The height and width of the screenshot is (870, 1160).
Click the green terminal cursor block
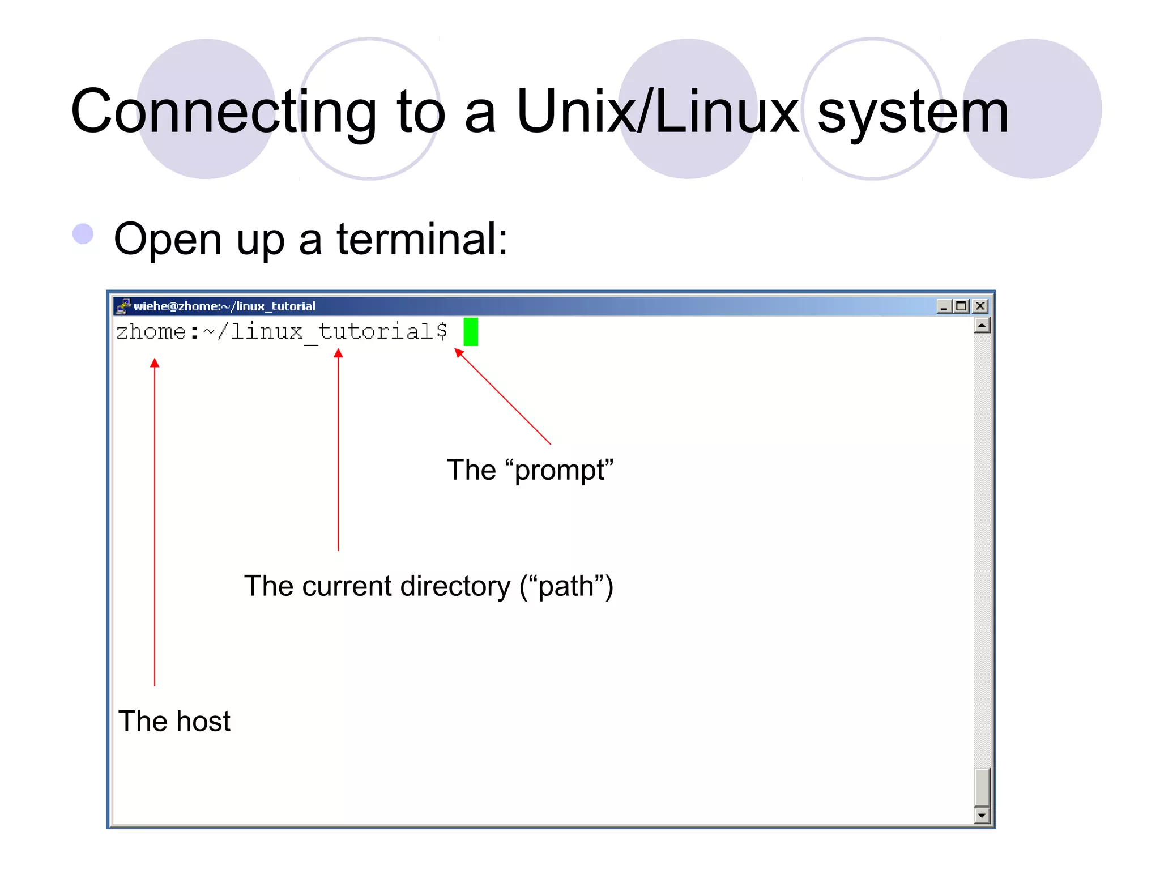coord(470,331)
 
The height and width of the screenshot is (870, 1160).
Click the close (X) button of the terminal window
coord(980,306)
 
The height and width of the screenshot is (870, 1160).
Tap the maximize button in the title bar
coord(961,306)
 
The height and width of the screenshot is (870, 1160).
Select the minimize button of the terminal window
coord(944,306)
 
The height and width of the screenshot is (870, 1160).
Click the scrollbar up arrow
coord(982,326)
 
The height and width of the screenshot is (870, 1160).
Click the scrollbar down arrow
coord(982,816)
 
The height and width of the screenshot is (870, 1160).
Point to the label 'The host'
coord(174,721)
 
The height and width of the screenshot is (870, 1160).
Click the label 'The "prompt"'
coord(530,470)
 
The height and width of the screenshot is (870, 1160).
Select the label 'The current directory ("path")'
coord(428,586)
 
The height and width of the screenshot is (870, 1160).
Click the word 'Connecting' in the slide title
coord(224,112)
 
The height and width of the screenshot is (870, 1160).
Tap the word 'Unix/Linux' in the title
coord(657,112)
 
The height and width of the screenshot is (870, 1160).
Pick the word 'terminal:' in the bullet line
coord(422,239)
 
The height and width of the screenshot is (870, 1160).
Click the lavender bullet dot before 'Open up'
coord(83,233)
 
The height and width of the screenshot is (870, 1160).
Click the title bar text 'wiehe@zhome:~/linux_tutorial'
coord(224,306)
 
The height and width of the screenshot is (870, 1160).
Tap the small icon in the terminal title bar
coord(123,306)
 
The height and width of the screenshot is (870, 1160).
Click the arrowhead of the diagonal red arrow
coord(458,353)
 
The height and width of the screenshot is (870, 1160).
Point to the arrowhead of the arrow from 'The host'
coord(155,363)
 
